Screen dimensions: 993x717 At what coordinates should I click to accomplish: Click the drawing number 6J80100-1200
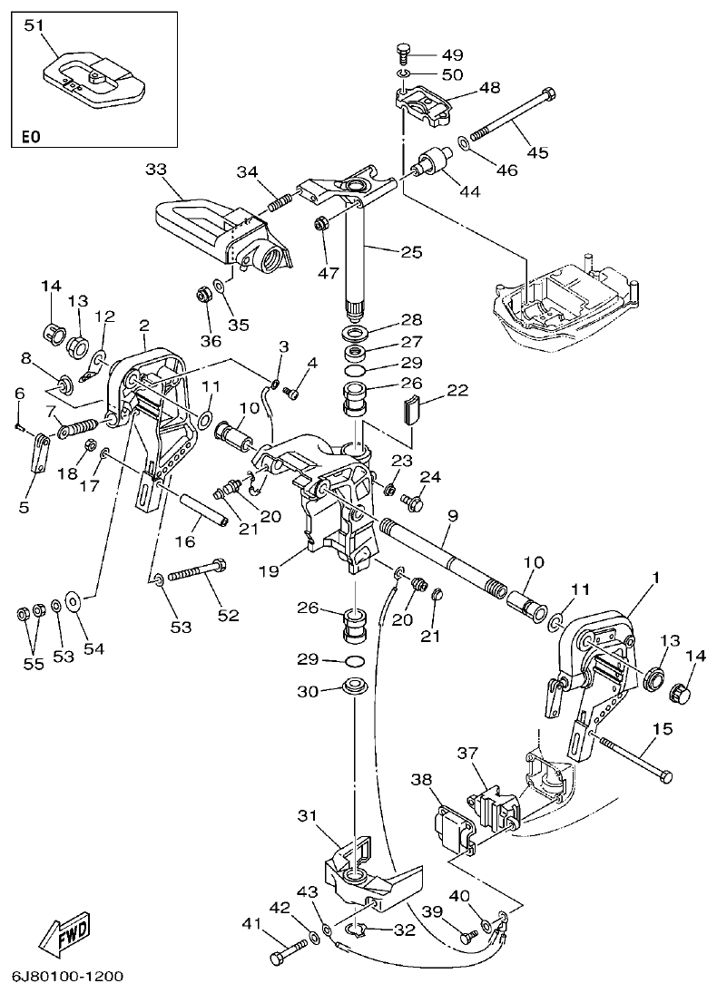pyautogui.click(x=68, y=977)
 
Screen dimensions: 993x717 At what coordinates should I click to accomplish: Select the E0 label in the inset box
pyautogui.click(x=31, y=137)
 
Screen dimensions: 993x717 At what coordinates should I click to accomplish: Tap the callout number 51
pyautogui.click(x=34, y=25)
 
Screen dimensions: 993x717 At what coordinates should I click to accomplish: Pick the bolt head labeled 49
pyautogui.click(x=405, y=52)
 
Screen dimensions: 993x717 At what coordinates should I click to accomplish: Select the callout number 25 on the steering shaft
pyautogui.click(x=411, y=252)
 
